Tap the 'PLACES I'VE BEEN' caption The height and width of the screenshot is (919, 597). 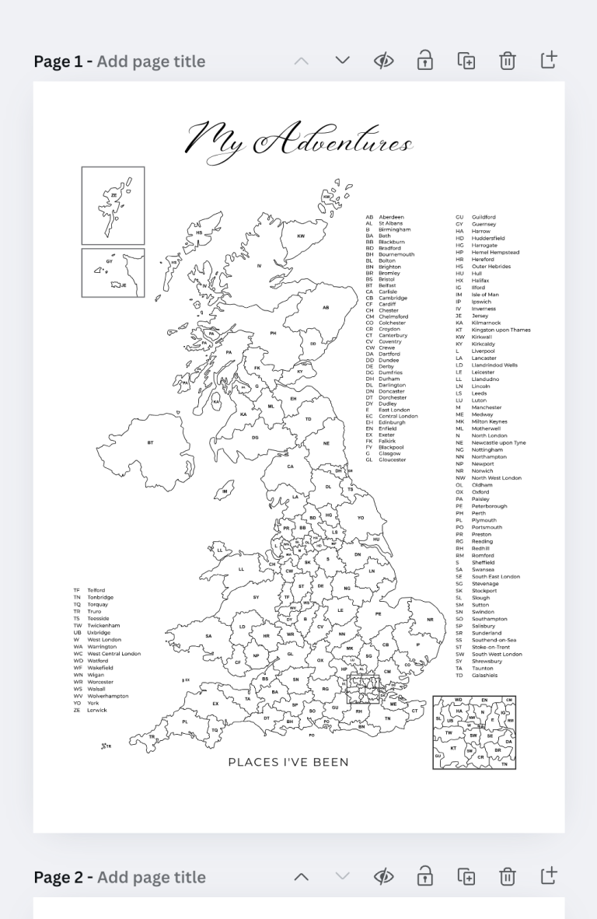tap(288, 762)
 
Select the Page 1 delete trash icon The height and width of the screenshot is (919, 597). tap(507, 61)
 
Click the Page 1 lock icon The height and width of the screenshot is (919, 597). tap(424, 61)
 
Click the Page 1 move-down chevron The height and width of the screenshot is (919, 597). tap(342, 61)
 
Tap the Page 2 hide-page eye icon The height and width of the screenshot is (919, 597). tap(383, 876)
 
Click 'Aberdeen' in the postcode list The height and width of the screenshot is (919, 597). tap(391, 217)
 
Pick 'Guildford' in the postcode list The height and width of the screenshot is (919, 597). tap(484, 217)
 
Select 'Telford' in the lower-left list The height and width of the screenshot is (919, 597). tap(96, 590)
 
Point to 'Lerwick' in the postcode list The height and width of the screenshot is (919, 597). tap(97, 710)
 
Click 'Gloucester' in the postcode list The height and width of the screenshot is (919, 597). tap(392, 459)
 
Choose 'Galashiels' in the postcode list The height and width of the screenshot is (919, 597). tap(484, 675)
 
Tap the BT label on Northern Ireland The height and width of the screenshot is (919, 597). tap(150, 442)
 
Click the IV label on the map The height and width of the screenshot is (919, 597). tap(260, 266)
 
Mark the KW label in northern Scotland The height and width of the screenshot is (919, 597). tap(301, 236)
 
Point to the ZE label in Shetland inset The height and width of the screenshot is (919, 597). tap(114, 195)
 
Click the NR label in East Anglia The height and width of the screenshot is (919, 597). tap(430, 620)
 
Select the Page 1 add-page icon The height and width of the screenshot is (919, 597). tap(549, 61)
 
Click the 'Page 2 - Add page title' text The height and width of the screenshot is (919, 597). tap(119, 877)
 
